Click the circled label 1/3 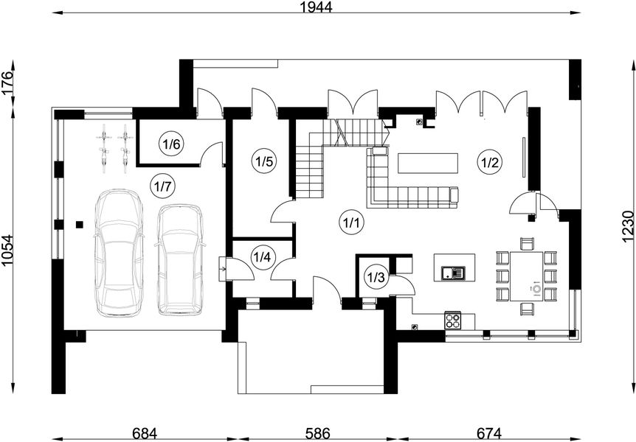pos(376,278)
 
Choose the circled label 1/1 pos(352,222)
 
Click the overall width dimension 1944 pos(317,7)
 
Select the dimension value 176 pos(7,83)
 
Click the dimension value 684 pos(145,433)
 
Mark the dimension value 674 pos(489,433)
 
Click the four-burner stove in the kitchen pos(454,320)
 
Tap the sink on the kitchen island pos(454,273)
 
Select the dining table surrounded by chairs pos(527,276)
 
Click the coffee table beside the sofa pos(428,164)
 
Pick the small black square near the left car pos(80,224)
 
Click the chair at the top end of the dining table pos(527,245)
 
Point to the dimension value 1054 pos(7,250)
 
